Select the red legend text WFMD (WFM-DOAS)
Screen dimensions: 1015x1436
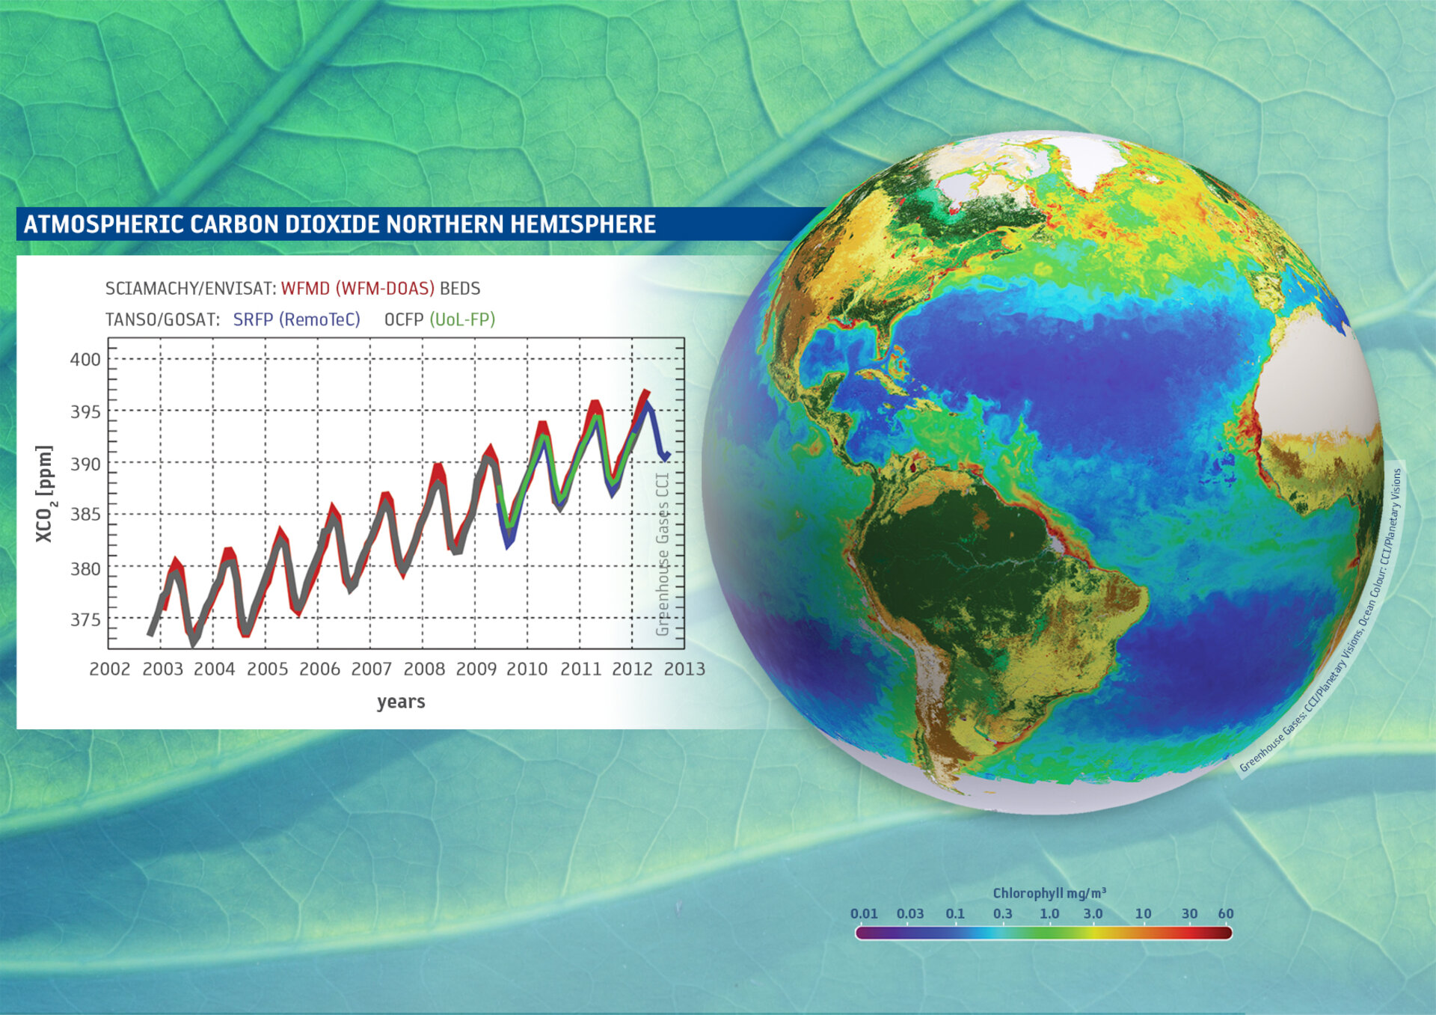[358, 289]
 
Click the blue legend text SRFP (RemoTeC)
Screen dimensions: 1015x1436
[296, 320]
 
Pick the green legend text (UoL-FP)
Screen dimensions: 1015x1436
[462, 320]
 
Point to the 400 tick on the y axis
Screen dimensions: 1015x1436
[85, 360]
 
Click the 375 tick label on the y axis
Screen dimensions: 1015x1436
[85, 620]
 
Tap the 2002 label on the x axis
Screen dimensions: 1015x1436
[110, 669]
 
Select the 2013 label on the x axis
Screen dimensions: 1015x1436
[684, 669]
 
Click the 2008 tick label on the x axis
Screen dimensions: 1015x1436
[424, 669]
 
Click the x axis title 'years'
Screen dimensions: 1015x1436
[401, 702]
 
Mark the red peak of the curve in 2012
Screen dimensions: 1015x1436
[645, 392]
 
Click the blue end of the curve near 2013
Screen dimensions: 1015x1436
[665, 454]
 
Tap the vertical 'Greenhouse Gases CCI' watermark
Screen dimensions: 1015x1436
[663, 554]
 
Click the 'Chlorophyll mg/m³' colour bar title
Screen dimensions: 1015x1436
[1049, 893]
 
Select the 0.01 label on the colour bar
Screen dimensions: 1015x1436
[864, 914]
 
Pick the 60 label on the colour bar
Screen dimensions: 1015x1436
[1225, 914]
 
